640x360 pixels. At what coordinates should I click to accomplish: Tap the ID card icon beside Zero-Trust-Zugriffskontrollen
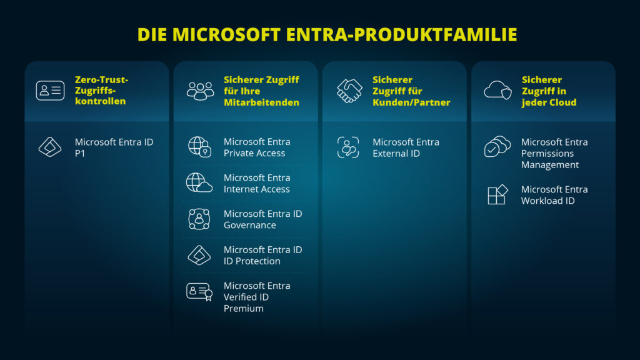point(50,91)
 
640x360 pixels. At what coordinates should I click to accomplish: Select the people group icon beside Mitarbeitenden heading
point(200,91)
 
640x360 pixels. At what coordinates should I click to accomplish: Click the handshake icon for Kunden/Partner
point(349,91)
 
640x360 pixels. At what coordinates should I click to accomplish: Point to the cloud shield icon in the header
point(497,91)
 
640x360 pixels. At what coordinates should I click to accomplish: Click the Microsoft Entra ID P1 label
point(114,147)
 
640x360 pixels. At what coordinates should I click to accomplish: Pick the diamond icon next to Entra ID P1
point(50,147)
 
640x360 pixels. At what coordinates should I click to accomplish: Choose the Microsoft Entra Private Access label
point(256,147)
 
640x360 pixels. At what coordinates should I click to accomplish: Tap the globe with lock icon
point(200,147)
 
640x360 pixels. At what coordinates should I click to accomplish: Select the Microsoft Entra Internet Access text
point(256,183)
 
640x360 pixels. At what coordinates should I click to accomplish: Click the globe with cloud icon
point(199,183)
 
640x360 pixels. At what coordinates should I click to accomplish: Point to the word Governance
point(249,225)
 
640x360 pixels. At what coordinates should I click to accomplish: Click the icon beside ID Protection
point(199,255)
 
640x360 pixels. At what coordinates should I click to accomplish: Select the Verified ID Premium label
point(256,297)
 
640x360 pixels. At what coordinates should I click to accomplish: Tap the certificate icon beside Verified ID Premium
point(199,292)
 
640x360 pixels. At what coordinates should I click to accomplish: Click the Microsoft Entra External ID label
point(406,147)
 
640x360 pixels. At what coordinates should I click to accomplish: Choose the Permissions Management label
point(554,153)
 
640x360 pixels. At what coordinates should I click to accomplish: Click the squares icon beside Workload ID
point(497,195)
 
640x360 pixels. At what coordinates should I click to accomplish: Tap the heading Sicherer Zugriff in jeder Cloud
point(549,91)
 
